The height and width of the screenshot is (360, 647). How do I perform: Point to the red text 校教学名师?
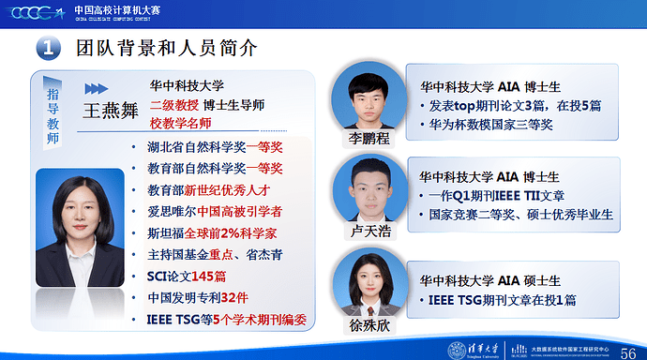click(180, 123)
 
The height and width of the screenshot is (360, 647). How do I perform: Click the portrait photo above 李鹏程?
click(367, 98)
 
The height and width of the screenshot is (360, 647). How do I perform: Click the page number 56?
click(630, 349)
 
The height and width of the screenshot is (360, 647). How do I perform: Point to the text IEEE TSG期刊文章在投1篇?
click(503, 300)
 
